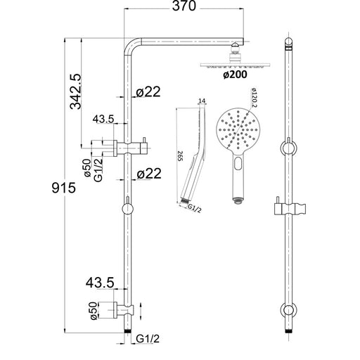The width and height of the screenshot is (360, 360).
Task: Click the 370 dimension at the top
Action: pos(184,6)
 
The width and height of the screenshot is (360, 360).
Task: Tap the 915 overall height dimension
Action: pos(64,188)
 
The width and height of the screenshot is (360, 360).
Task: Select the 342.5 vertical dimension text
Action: pos(75,91)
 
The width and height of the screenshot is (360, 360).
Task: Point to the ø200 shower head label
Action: pos(235,75)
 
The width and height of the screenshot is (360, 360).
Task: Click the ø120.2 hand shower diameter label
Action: pos(254,98)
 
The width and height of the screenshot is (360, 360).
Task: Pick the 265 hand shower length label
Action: pos(180,156)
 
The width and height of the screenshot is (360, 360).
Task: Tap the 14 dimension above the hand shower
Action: pos(202,101)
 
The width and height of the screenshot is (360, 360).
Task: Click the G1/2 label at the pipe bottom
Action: pos(148,339)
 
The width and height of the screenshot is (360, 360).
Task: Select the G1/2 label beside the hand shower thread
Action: pos(195,208)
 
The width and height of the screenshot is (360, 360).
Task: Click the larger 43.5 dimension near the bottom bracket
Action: pos(100,283)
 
